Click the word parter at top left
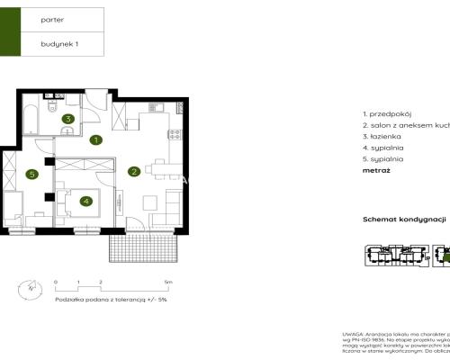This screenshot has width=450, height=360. (53, 18)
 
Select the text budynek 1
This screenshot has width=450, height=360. (59, 43)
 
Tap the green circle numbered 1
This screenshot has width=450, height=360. (95, 139)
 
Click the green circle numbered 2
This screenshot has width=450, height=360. (133, 171)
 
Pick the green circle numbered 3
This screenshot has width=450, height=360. (67, 118)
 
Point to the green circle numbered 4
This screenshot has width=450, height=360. (85, 201)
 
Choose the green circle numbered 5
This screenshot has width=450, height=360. (31, 175)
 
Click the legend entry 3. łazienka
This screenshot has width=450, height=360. (383, 138)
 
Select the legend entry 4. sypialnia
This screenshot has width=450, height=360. (383, 148)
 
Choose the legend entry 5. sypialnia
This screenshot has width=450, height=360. (383, 159)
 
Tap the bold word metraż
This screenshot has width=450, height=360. (375, 170)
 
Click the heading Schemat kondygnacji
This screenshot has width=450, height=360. (404, 220)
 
